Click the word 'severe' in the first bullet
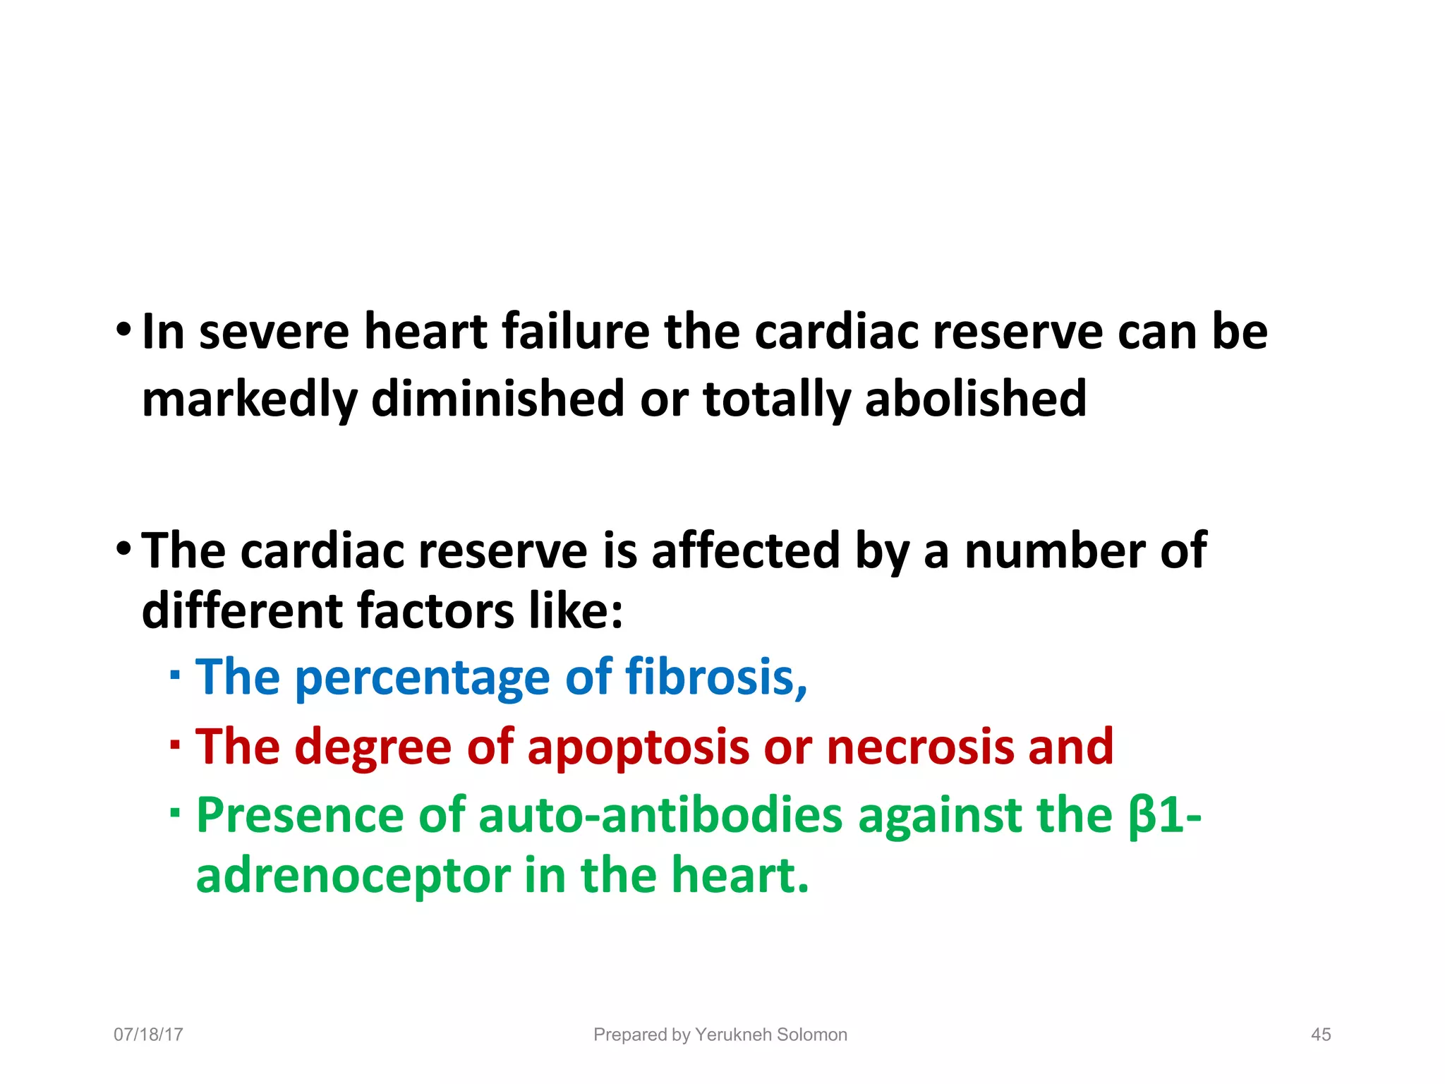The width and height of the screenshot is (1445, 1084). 274,332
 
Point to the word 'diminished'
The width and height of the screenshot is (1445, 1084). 497,399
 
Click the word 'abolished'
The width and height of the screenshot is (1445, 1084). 976,399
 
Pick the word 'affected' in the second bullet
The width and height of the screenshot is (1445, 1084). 745,550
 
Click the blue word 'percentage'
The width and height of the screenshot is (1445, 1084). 422,677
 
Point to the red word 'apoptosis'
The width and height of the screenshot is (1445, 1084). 638,747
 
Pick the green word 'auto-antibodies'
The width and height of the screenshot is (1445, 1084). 660,816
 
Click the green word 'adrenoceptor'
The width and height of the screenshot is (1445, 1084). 353,876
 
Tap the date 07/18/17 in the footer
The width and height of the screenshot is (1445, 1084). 148,1035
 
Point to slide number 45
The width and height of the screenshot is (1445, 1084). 1321,1035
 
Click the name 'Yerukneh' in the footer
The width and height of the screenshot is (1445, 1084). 730,1035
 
